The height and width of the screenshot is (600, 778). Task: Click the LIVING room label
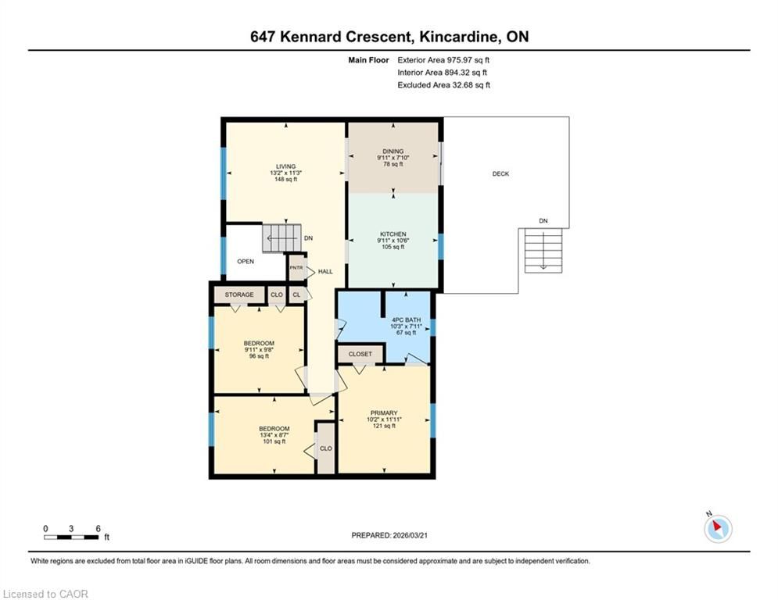pyautogui.click(x=286, y=166)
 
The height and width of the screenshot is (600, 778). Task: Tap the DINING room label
pyautogui.click(x=393, y=152)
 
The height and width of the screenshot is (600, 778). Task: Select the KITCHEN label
pyautogui.click(x=393, y=234)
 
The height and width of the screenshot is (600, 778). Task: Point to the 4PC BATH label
pyautogui.click(x=406, y=320)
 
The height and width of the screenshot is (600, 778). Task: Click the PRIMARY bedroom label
pyautogui.click(x=384, y=413)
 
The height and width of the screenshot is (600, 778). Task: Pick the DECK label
pyautogui.click(x=500, y=173)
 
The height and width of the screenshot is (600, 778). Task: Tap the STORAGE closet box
pyautogui.click(x=239, y=295)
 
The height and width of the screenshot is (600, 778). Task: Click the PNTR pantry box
pyautogui.click(x=296, y=268)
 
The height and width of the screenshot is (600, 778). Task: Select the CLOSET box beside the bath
pyautogui.click(x=360, y=354)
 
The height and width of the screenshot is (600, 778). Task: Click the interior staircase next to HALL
pyautogui.click(x=281, y=238)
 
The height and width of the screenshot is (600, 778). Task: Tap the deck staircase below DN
pyautogui.click(x=543, y=251)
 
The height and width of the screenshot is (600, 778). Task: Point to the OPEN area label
pyautogui.click(x=246, y=261)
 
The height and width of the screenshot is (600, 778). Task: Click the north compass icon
pyautogui.click(x=718, y=529)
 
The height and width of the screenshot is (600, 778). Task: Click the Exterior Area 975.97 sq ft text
pyautogui.click(x=443, y=60)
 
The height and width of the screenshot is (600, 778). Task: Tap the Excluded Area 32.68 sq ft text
pyautogui.click(x=443, y=85)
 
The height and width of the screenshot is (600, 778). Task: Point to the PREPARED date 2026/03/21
pyautogui.click(x=389, y=535)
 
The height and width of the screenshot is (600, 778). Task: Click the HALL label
pyautogui.click(x=325, y=271)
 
